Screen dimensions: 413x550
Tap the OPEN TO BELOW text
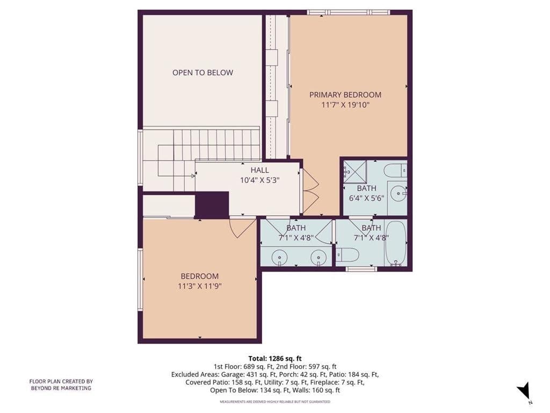click(202, 73)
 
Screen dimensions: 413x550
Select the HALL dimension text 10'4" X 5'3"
click(259, 180)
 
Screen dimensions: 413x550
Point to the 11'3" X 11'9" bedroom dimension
click(199, 286)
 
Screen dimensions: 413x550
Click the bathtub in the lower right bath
click(396, 243)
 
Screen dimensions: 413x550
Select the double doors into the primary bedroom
click(310, 189)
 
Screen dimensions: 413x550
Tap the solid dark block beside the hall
click(212, 205)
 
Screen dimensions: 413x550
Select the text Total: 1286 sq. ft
click(274, 358)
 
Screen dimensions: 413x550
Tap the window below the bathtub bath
click(361, 268)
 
